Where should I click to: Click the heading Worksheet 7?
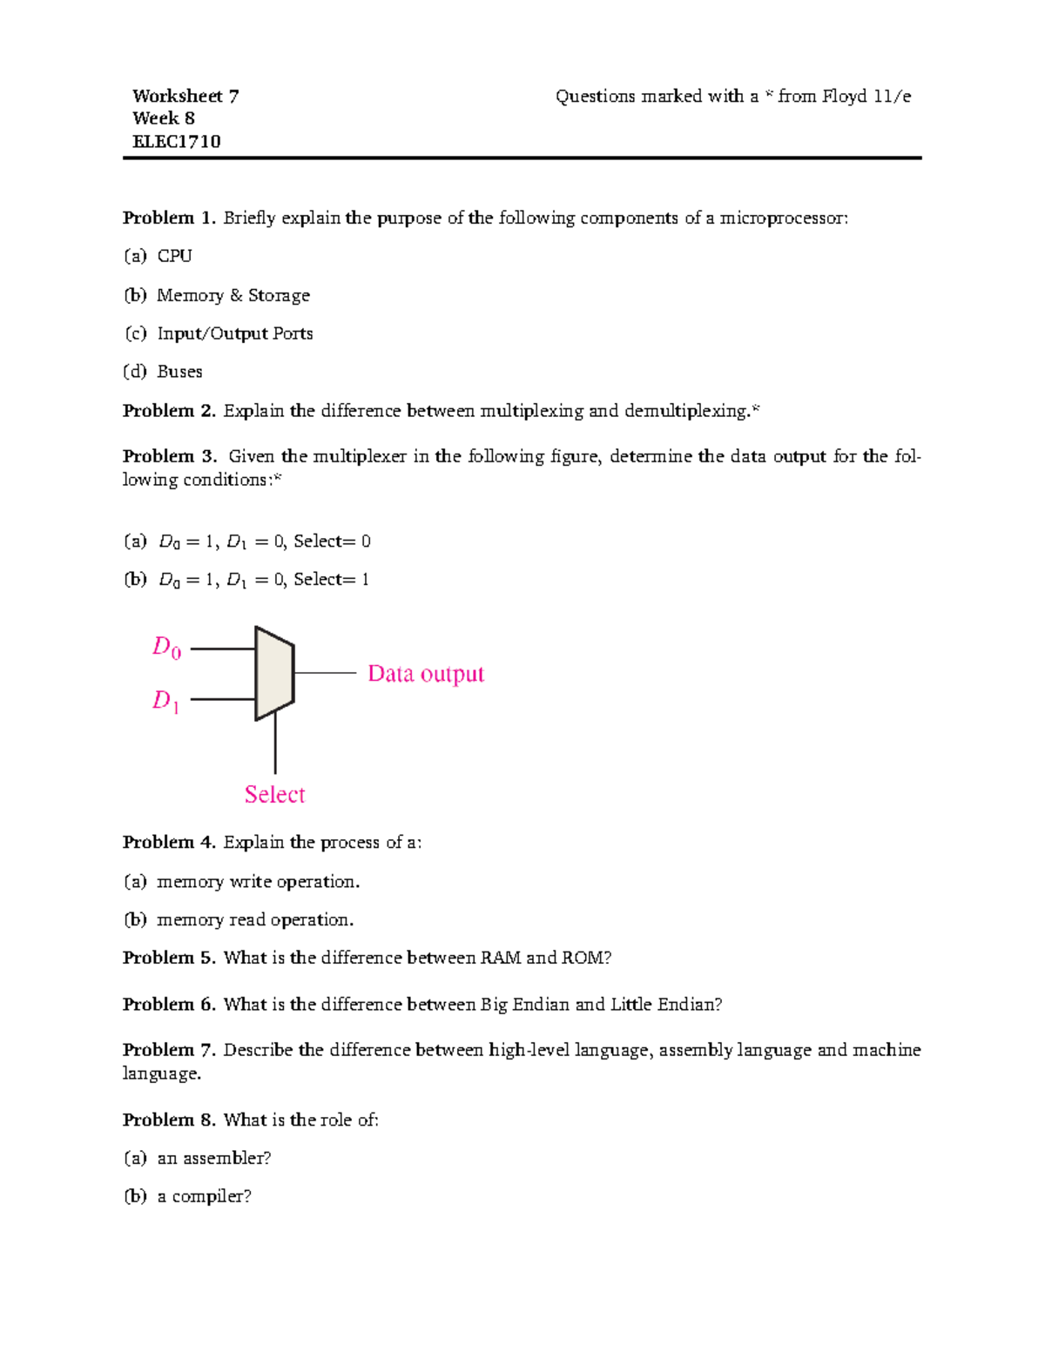[185, 96]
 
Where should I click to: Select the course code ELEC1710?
[176, 141]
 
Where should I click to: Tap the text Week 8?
[163, 118]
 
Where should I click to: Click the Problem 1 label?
[169, 218]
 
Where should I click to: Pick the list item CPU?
[174, 256]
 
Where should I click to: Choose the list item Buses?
[179, 372]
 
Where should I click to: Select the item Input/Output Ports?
[234, 333]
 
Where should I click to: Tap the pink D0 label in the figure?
[166, 647]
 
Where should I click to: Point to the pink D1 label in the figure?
[165, 700]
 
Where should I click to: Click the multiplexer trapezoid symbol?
[273, 673]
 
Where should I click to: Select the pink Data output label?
[425, 674]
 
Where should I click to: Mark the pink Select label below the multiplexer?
[274, 794]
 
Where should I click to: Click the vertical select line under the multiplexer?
[275, 744]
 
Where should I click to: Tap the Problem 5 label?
[169, 958]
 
